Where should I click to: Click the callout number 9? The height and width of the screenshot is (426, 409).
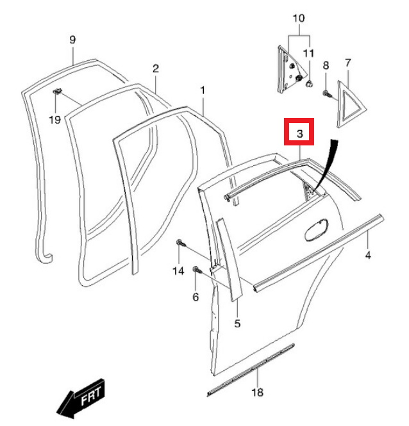72,40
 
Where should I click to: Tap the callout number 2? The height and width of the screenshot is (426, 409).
156,69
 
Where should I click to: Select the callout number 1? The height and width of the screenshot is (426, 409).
203,91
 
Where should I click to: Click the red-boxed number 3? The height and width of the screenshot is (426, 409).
299,133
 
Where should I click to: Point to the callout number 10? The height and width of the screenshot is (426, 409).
299,18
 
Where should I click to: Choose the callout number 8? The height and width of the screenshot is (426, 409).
326,65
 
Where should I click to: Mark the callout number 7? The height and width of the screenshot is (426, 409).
348,63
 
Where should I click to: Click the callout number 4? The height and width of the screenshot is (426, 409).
368,256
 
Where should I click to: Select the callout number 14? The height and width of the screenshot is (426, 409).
178,271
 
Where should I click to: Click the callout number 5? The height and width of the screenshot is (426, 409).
237,324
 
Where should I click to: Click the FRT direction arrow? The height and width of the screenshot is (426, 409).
80,399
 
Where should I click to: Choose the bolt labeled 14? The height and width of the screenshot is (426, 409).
181,243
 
